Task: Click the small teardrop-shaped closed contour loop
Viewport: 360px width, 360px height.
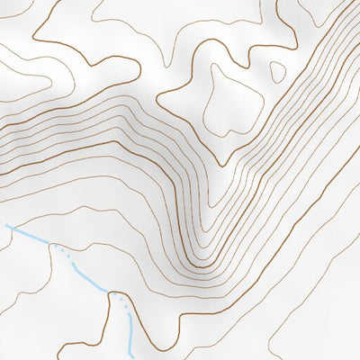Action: (x=277, y=71)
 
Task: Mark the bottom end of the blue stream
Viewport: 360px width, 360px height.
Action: (x=133, y=354)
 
